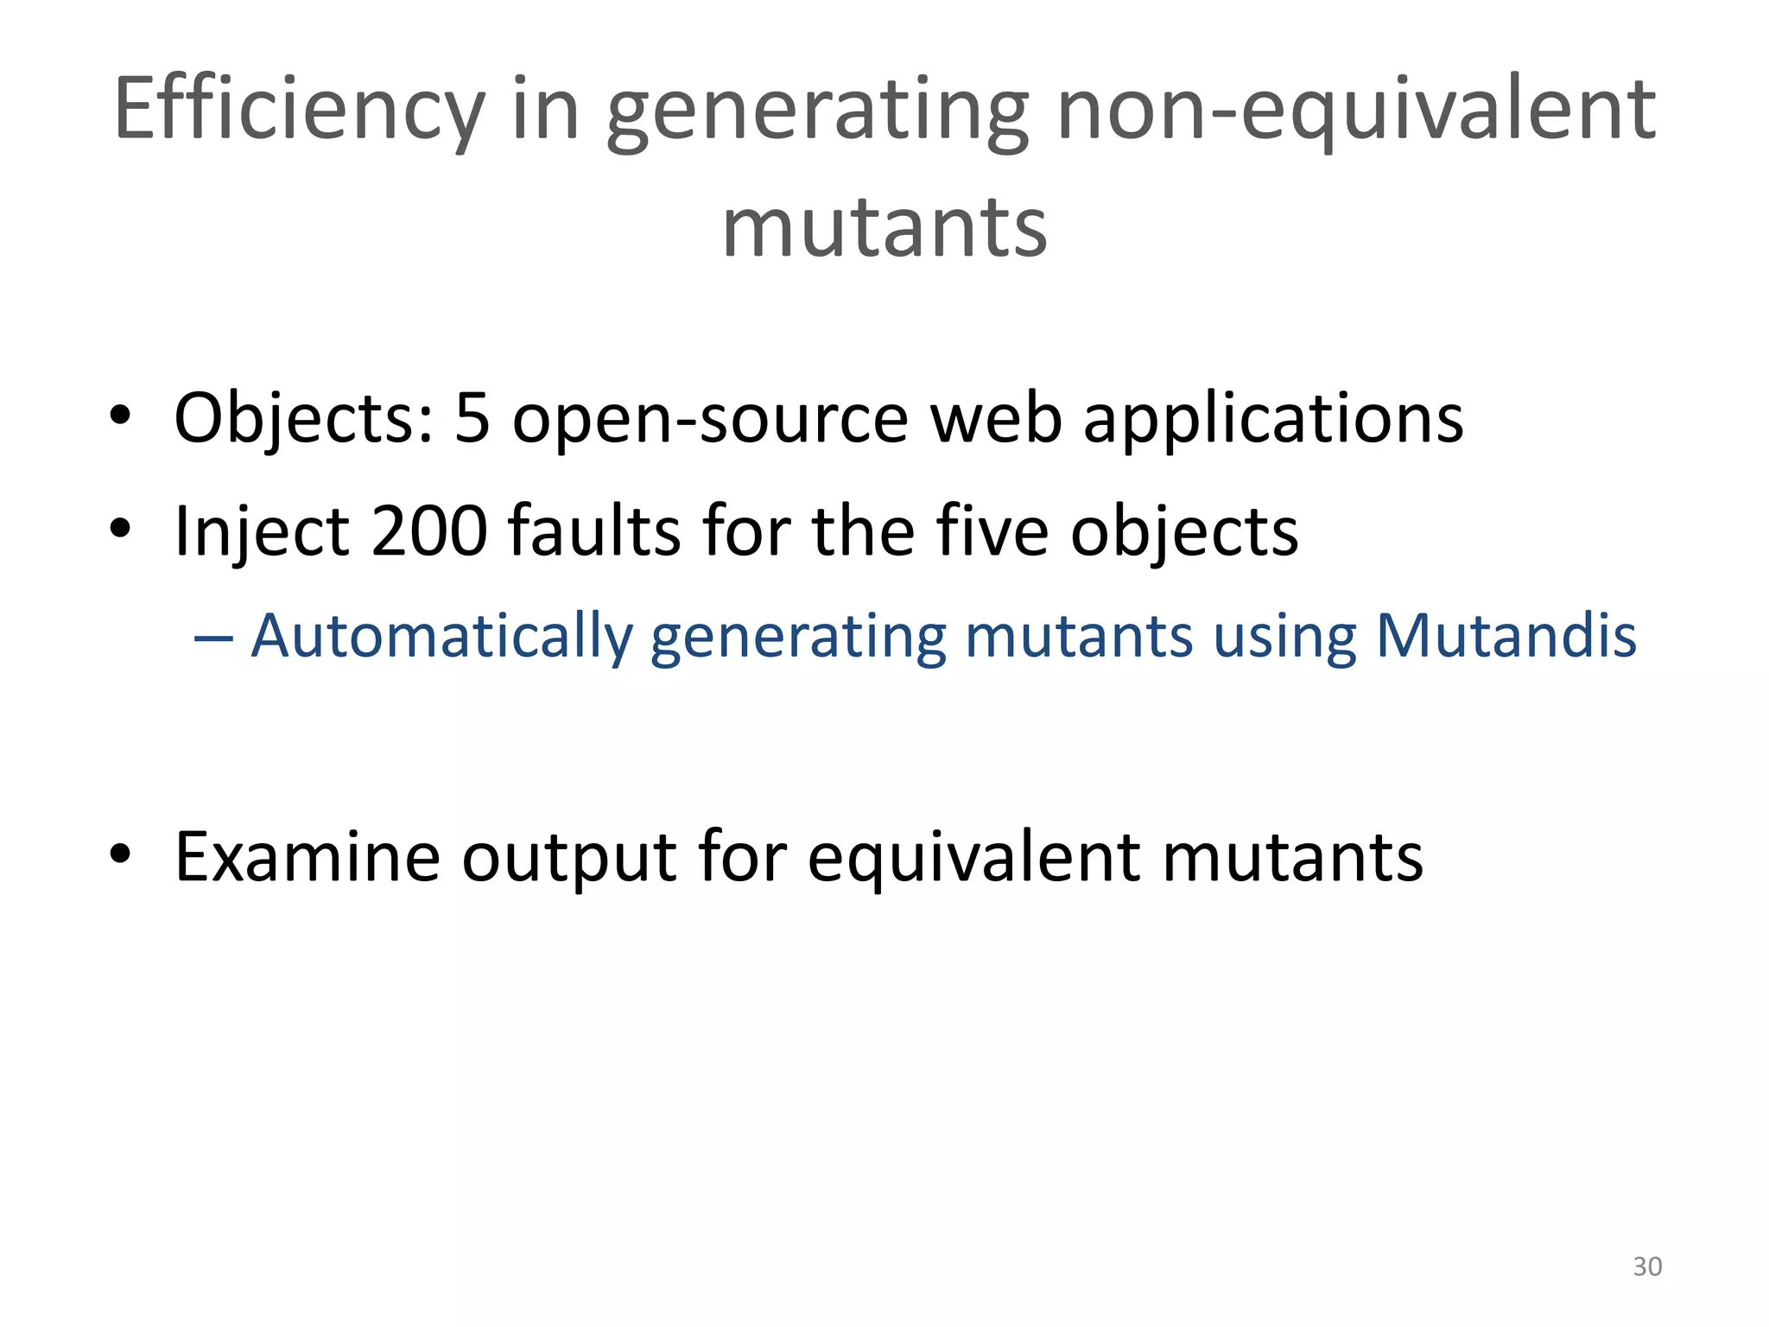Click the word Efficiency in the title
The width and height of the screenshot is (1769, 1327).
click(298, 110)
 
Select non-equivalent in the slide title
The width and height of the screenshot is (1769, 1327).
click(1355, 110)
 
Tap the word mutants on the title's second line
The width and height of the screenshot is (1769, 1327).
click(884, 226)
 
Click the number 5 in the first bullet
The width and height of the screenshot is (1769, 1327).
click(472, 418)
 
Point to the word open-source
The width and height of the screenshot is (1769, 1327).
click(710, 418)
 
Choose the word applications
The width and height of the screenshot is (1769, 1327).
click(1273, 418)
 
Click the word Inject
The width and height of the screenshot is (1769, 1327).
click(262, 530)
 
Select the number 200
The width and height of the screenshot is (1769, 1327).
click(429, 530)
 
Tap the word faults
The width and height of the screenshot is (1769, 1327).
click(595, 530)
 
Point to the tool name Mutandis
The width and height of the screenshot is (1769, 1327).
click(1506, 637)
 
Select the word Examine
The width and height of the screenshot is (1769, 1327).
click(307, 857)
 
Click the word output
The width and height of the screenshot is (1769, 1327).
click(568, 857)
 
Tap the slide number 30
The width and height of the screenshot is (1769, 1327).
click(1647, 1267)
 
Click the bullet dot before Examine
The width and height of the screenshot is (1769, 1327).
click(120, 854)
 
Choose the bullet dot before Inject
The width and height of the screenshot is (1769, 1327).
click(120, 527)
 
